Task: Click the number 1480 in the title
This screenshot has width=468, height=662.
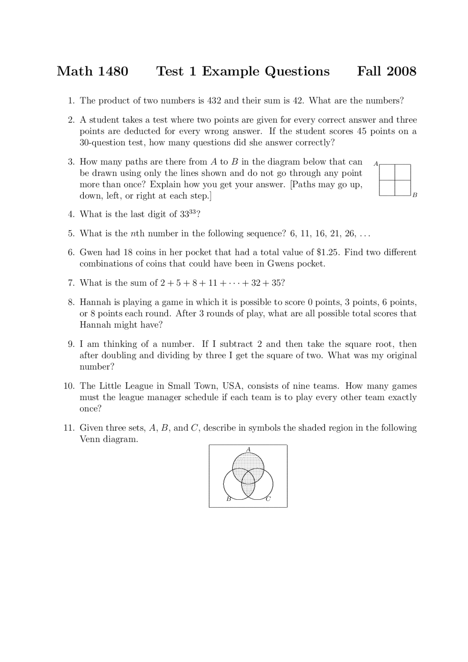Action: tap(113, 71)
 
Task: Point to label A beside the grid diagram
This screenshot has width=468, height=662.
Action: tap(375, 164)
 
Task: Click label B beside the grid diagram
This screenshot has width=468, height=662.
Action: tap(415, 195)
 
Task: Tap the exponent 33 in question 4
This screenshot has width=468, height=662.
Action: tap(193, 212)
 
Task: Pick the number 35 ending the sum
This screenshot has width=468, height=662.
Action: tap(276, 283)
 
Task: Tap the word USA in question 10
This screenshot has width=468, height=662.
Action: tap(231, 386)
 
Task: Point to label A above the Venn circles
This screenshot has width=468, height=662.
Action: tap(248, 449)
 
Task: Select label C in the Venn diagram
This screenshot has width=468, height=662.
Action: tap(268, 499)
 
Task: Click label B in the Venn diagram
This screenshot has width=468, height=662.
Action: tap(229, 499)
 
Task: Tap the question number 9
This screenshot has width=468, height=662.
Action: tap(71, 344)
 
